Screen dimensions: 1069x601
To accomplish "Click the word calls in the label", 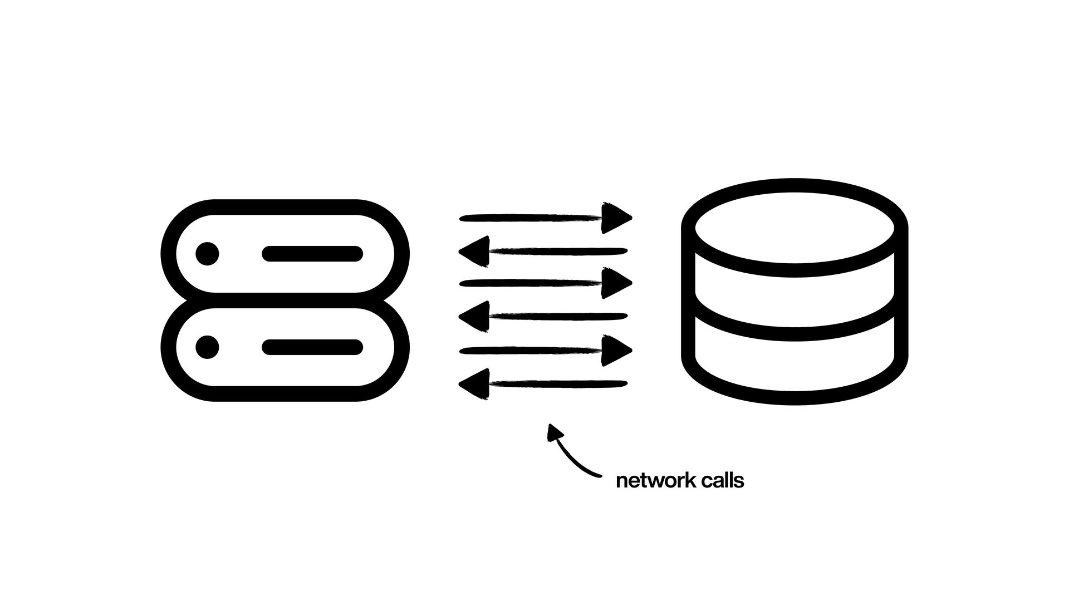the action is pos(722,481).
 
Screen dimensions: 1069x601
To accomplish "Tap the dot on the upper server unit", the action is pos(207,254).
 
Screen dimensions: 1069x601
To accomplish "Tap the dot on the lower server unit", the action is pos(207,347).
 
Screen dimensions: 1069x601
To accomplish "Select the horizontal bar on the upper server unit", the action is pos(312,254).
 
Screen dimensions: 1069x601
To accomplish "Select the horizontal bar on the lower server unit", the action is pos(312,347).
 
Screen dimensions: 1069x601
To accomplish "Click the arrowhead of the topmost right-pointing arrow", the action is pos(616,217).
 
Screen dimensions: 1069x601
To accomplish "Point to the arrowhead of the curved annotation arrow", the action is pos(554,432).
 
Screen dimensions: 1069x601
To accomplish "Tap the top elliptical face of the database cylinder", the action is pos(795,228).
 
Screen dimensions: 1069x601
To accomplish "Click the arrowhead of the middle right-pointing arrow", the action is pos(616,283).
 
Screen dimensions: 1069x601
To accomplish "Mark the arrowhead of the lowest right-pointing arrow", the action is pos(616,350).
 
